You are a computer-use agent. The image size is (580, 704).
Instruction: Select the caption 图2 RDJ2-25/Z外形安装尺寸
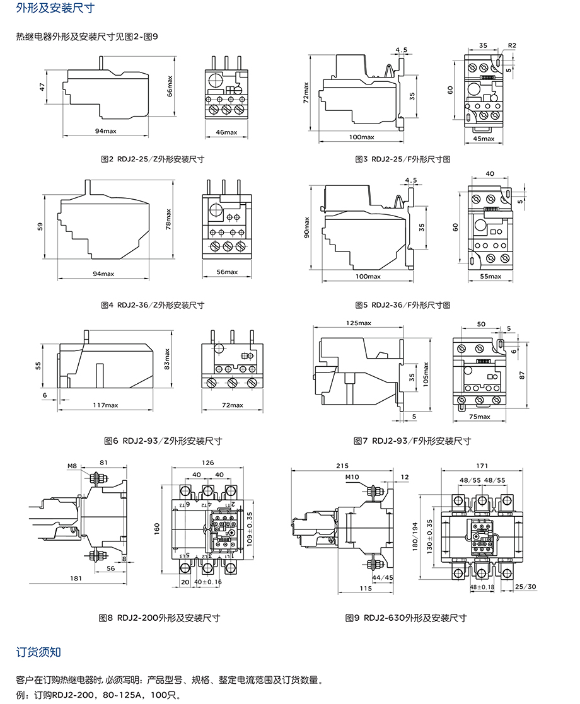point(152,159)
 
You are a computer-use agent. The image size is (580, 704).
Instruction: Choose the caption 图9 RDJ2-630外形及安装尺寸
point(406,618)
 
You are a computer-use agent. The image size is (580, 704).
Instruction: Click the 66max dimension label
point(170,87)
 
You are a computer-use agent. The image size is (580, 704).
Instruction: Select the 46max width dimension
point(226,132)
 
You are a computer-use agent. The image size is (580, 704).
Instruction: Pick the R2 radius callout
point(511,46)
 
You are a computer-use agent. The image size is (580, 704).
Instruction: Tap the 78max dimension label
point(169,219)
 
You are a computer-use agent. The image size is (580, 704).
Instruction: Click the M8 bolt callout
point(72,466)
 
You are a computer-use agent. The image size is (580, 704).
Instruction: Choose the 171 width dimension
point(482,466)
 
